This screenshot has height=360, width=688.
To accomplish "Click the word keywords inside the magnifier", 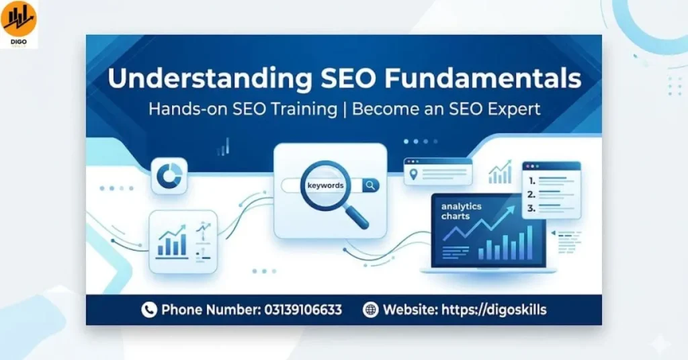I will coord(325,185).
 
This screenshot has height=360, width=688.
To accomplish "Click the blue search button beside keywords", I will coord(371,185).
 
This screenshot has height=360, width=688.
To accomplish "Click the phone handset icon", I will coord(148,310).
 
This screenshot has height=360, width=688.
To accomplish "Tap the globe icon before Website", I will coord(370,310).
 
